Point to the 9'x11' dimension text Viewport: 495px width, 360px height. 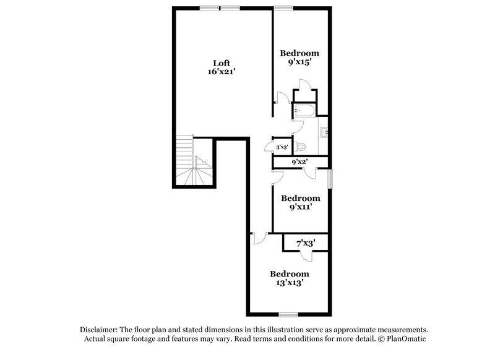tap(301, 208)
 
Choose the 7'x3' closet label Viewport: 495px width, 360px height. tap(306, 243)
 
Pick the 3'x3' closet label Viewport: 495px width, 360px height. tap(282, 147)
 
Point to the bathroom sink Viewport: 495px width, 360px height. tap(325, 132)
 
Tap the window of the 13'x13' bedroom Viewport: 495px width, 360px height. tap(288, 315)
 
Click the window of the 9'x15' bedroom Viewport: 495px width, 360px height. tap(283, 7)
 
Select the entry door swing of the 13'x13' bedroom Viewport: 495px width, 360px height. tap(259, 236)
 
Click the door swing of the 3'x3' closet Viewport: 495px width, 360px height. tap(268, 146)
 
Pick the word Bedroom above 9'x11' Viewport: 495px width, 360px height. tap(301, 199)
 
